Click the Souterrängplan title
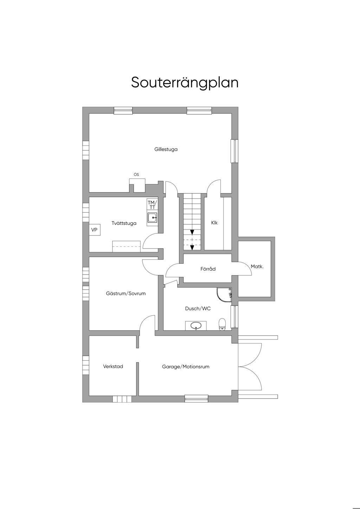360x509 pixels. point(185,82)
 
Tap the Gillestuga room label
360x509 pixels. point(166,149)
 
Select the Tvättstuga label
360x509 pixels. point(124,223)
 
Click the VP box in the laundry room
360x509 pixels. point(94,230)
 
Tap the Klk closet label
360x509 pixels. point(214,223)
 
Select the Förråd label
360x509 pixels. point(208,269)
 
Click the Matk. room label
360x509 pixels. point(257,266)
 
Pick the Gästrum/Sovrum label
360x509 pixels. point(126,293)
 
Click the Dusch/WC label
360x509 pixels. point(198,308)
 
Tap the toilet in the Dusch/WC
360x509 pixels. point(222,324)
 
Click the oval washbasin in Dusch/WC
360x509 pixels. point(196,326)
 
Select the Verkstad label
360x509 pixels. point(113,366)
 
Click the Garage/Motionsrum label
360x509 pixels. point(186,367)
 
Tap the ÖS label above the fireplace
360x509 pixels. point(136,174)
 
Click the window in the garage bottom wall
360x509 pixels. point(197,398)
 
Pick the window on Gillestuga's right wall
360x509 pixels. point(234,151)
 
